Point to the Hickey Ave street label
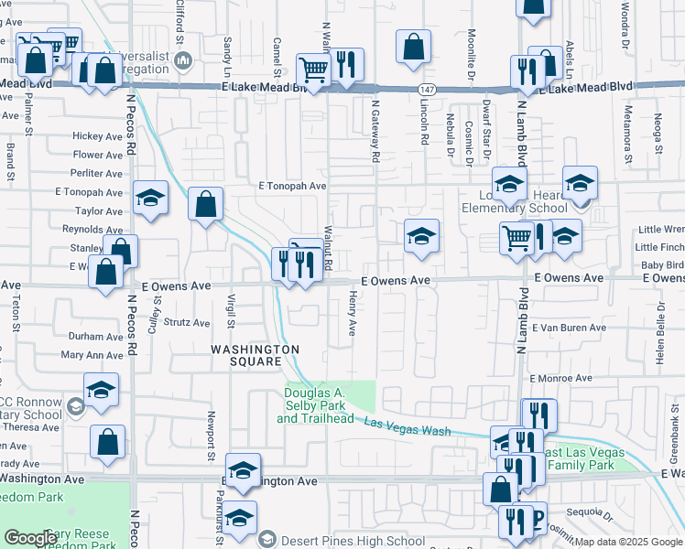click(x=98, y=136)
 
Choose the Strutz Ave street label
click(x=187, y=322)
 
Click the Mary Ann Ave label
click(x=92, y=355)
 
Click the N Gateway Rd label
click(x=375, y=130)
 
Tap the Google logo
click(x=30, y=538)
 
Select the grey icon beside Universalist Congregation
click(x=184, y=61)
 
